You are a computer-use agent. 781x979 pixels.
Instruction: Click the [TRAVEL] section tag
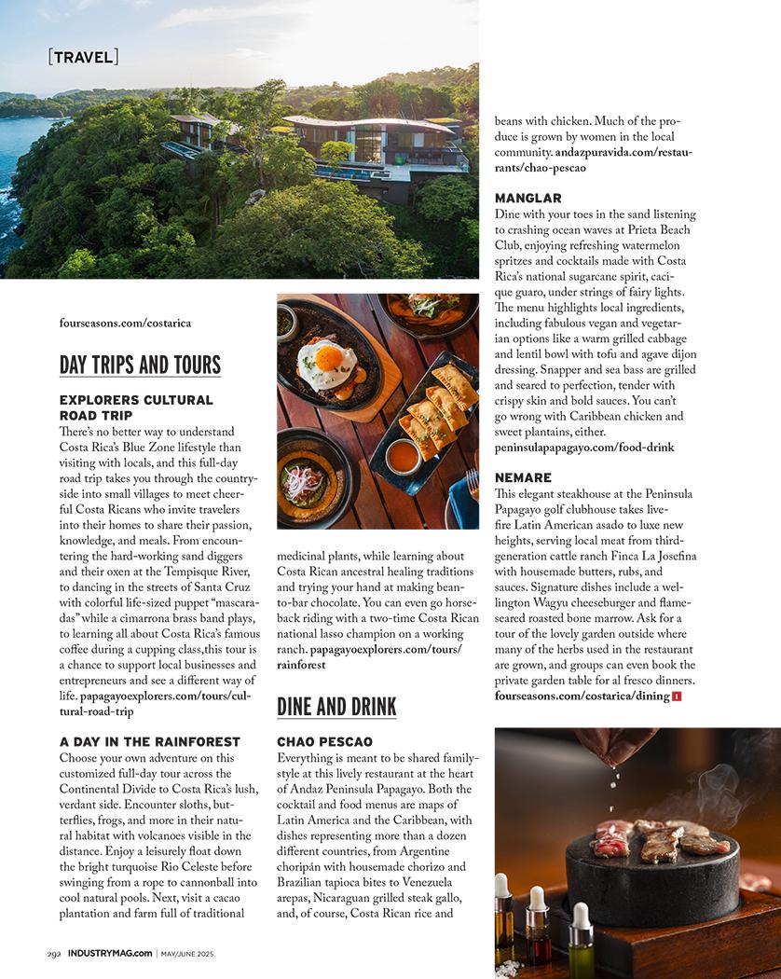pyautogui.click(x=83, y=57)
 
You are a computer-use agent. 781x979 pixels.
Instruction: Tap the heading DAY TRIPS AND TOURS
pyautogui.click(x=140, y=365)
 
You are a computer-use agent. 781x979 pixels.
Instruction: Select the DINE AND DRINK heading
pyautogui.click(x=336, y=707)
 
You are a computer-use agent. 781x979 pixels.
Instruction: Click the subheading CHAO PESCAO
pyautogui.click(x=324, y=742)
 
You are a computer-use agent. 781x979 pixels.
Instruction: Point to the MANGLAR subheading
pyautogui.click(x=528, y=199)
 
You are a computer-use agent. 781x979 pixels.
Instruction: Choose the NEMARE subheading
pyautogui.click(x=523, y=477)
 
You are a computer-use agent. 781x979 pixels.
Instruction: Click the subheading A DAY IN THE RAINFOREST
pyautogui.click(x=150, y=742)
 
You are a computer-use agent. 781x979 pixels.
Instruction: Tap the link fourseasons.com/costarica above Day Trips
pyautogui.click(x=125, y=324)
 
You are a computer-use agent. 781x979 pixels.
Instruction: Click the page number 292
pyautogui.click(x=54, y=953)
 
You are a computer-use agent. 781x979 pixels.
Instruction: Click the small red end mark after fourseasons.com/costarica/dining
pyautogui.click(x=677, y=696)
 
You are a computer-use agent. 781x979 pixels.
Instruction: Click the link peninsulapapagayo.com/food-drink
pyautogui.click(x=584, y=448)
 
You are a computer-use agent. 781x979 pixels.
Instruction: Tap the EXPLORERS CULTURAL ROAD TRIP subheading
pyautogui.click(x=136, y=407)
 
